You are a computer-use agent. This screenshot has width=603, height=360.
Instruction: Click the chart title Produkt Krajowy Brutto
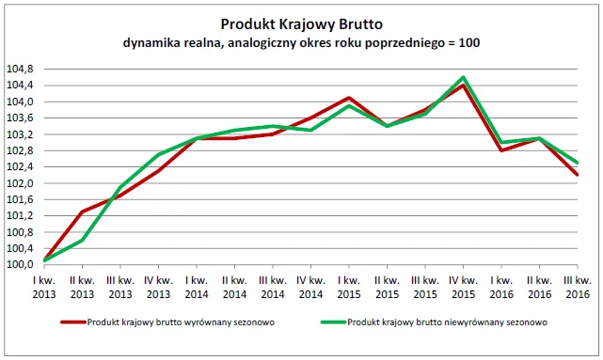[x=301, y=23]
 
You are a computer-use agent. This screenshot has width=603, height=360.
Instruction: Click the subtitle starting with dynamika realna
[x=301, y=43]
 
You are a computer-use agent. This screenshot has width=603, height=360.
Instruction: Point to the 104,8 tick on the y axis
[x=20, y=69]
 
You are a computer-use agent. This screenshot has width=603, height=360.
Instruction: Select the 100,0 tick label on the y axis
[x=20, y=265]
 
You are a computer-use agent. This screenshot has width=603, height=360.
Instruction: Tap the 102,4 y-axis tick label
[x=20, y=167]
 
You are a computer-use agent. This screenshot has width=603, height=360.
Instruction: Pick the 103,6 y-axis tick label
[x=20, y=118]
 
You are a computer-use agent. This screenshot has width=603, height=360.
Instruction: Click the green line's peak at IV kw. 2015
[x=464, y=77]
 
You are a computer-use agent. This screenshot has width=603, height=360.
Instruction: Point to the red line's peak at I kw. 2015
[x=349, y=98]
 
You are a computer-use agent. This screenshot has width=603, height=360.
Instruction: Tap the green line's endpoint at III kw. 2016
[x=578, y=163]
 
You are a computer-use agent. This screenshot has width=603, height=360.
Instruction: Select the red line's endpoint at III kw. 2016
[x=578, y=175]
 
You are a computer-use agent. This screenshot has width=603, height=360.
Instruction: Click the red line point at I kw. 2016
[x=501, y=150]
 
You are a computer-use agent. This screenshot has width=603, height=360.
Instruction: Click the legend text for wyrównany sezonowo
[x=169, y=321]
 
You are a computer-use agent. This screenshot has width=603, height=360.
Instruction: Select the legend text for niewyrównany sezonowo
[x=434, y=321]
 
